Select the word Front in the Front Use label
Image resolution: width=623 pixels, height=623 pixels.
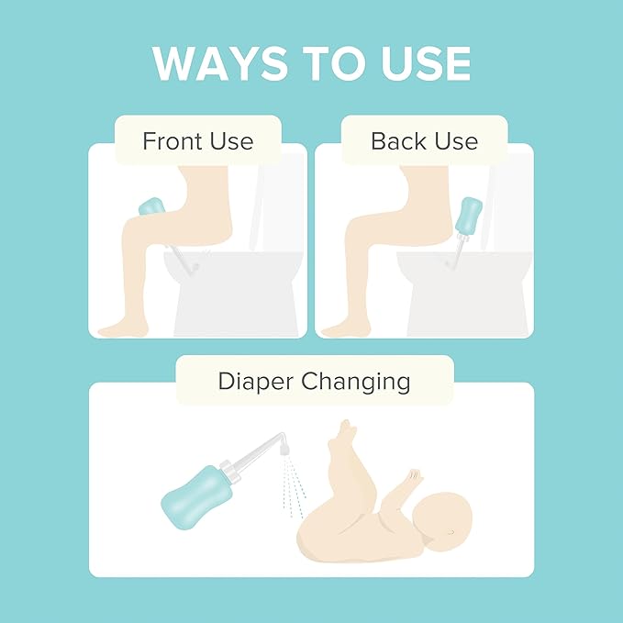pyautogui.click(x=171, y=141)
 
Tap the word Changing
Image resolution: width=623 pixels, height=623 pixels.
pyautogui.click(x=362, y=381)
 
